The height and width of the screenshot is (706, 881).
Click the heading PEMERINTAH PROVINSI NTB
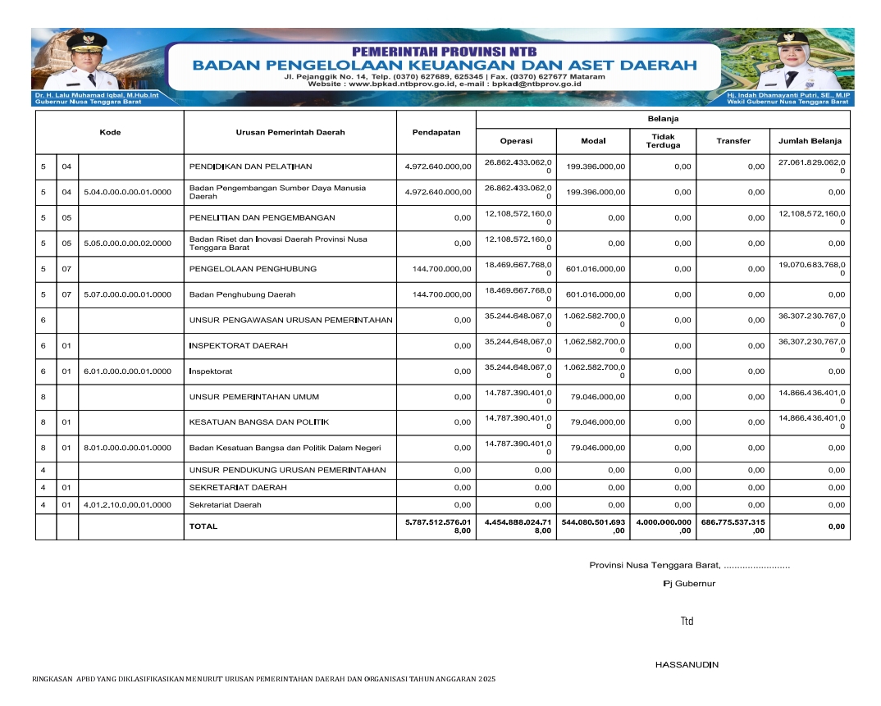443,51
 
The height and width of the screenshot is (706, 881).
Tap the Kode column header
110,132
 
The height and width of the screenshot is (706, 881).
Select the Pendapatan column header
436,132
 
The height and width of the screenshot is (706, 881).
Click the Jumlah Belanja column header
810,141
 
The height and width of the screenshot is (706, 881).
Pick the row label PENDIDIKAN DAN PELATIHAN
250,166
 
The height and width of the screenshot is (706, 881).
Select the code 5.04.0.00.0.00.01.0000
127,193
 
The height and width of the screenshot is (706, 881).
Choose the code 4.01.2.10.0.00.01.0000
127,505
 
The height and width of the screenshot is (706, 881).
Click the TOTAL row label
203,526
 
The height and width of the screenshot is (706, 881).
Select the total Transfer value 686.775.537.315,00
733,526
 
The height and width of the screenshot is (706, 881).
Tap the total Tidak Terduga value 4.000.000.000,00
664,526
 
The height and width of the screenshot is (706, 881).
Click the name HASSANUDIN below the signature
687,664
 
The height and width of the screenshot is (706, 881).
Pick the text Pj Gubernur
689,584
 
